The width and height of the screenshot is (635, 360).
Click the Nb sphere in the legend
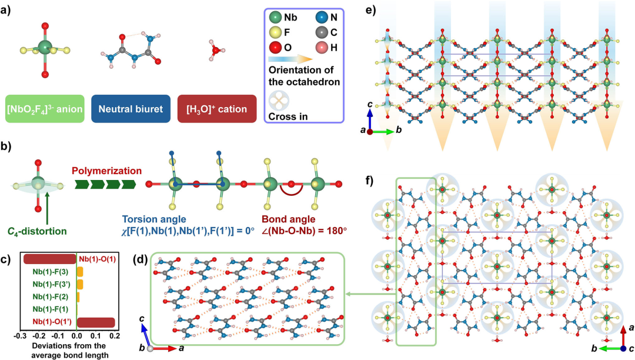tap(275, 18)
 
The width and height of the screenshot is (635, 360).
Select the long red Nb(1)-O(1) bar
tap(49, 259)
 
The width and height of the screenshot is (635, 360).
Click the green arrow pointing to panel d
tap(362, 295)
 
